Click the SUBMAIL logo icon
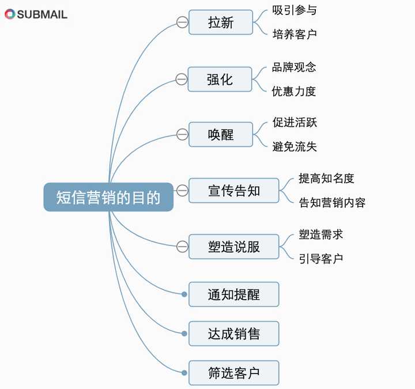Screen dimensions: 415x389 (10, 14)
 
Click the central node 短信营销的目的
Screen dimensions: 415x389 (108, 197)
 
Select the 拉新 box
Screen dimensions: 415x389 (221, 22)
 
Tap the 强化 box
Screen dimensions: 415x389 (220, 80)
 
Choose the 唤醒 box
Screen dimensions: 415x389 (221, 134)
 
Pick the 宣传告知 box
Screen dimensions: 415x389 (233, 191)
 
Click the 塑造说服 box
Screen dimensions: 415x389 (233, 247)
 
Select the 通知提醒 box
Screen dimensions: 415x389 (233, 294)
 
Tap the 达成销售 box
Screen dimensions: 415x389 (233, 334)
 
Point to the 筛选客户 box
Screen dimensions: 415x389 (233, 373)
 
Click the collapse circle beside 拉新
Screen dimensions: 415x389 (182, 22)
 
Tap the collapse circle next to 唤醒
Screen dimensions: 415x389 (182, 134)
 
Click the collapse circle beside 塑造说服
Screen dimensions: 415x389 (182, 247)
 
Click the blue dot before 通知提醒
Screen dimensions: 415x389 (184, 294)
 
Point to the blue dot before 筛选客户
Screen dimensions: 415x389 (184, 373)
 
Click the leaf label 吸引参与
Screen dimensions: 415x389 (295, 10)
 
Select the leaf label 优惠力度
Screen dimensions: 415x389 (294, 91)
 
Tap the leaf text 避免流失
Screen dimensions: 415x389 (295, 146)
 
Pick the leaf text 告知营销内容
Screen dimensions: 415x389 (332, 202)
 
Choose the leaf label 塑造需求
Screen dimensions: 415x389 (321, 235)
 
